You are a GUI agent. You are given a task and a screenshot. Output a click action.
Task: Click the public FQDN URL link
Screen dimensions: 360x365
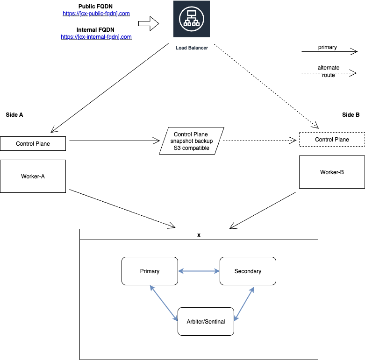coord(96,14)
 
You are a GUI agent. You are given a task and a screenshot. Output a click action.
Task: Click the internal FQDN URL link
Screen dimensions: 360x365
coord(96,37)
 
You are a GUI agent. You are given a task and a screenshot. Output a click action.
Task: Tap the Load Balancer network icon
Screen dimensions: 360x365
coord(191,20)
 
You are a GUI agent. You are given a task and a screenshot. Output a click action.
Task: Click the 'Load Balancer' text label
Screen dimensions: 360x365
coord(192,48)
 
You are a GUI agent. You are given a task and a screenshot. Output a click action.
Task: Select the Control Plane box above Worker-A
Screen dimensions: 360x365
coord(33,144)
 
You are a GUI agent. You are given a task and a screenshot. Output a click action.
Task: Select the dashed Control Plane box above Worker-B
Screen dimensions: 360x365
coord(332,140)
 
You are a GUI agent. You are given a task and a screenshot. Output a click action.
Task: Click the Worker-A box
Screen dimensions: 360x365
coord(33,176)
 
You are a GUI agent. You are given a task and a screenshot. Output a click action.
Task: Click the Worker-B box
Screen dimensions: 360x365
coord(332,172)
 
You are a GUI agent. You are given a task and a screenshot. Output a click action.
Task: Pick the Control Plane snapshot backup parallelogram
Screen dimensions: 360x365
coord(191,141)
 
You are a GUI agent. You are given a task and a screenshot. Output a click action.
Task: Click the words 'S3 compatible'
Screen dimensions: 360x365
coord(191,148)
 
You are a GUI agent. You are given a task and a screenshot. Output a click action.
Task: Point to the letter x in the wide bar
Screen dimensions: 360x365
coord(199,235)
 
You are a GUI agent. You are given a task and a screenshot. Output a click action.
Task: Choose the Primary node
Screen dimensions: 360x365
coord(150,271)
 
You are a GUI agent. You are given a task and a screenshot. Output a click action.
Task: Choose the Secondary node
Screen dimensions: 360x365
coord(248,271)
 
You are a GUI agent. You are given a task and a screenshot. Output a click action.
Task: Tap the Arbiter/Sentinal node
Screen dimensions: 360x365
coord(206,321)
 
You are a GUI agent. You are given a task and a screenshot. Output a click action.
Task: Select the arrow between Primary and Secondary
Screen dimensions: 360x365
coord(199,271)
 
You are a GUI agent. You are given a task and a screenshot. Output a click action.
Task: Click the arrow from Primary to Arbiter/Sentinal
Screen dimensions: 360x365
coord(164,304)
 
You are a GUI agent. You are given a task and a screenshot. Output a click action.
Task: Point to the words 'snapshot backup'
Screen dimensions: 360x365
coord(191,141)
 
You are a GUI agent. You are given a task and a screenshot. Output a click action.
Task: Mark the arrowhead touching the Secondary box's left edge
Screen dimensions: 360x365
coord(217,271)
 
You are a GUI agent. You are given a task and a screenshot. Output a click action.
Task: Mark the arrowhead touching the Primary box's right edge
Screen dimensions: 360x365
coord(180,271)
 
